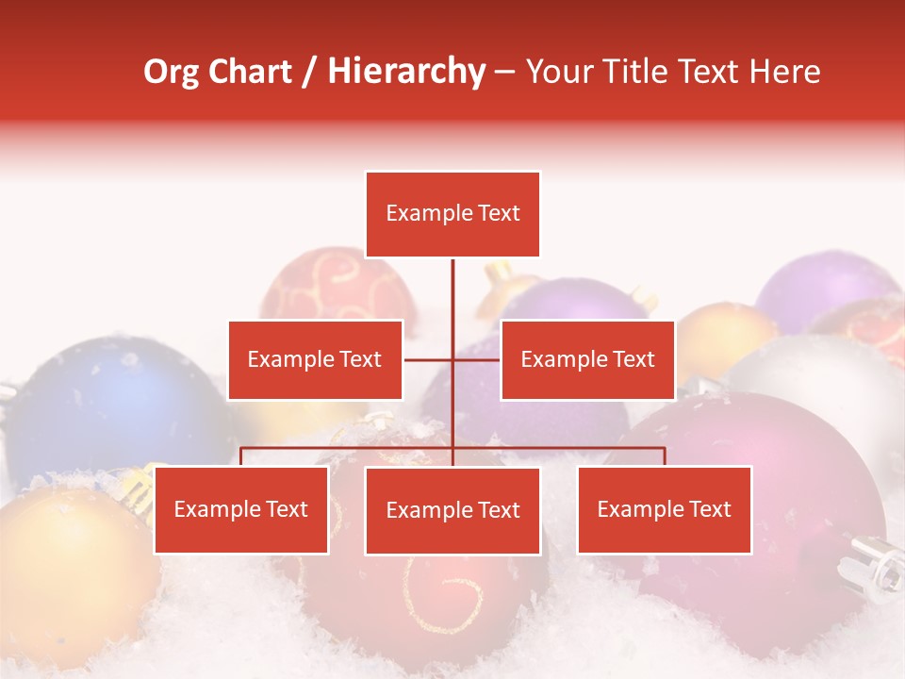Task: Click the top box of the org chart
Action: [452, 214]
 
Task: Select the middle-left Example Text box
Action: [315, 359]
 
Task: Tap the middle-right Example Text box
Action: [587, 359]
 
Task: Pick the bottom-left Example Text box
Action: [241, 509]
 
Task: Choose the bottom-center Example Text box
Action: [452, 510]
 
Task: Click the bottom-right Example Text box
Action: [664, 509]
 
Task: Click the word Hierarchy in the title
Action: [406, 72]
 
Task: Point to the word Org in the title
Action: [172, 73]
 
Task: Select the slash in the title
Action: [309, 73]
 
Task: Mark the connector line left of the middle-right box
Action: [477, 359]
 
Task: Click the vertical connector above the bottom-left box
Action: [241, 456]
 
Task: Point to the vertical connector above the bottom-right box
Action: [664, 456]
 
